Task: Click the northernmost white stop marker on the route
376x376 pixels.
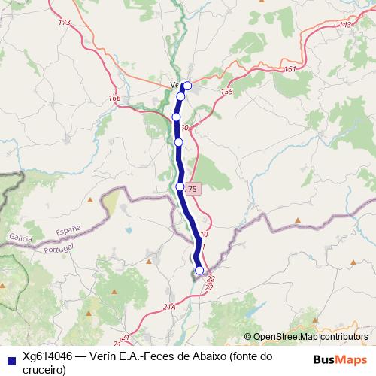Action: [187, 86]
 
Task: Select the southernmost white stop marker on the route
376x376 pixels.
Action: [199, 271]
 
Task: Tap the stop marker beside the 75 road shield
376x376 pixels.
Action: [180, 186]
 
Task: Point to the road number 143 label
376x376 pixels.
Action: [345, 25]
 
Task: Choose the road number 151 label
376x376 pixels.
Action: [290, 69]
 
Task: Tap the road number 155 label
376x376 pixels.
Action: [226, 91]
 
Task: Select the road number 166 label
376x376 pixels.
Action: [114, 98]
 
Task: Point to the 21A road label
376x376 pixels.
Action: [169, 306]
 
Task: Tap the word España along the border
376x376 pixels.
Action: [68, 228]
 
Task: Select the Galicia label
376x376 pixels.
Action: [20, 237]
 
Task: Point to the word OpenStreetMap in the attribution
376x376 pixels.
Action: [287, 336]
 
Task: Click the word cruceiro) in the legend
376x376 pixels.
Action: [44, 369]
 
